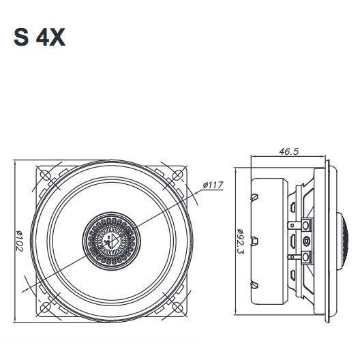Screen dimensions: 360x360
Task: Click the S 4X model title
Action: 40,37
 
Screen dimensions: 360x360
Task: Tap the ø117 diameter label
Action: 213,185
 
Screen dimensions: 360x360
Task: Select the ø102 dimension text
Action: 20,241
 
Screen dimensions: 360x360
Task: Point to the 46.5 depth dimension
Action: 289,151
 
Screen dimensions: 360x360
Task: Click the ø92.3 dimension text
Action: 240,241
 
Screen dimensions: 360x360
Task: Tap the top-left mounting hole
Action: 46,175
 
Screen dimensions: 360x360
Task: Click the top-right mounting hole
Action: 177,175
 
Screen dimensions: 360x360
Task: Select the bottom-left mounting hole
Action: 46,307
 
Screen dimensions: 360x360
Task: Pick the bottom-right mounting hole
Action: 177,307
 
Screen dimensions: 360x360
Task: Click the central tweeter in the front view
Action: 111,241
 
